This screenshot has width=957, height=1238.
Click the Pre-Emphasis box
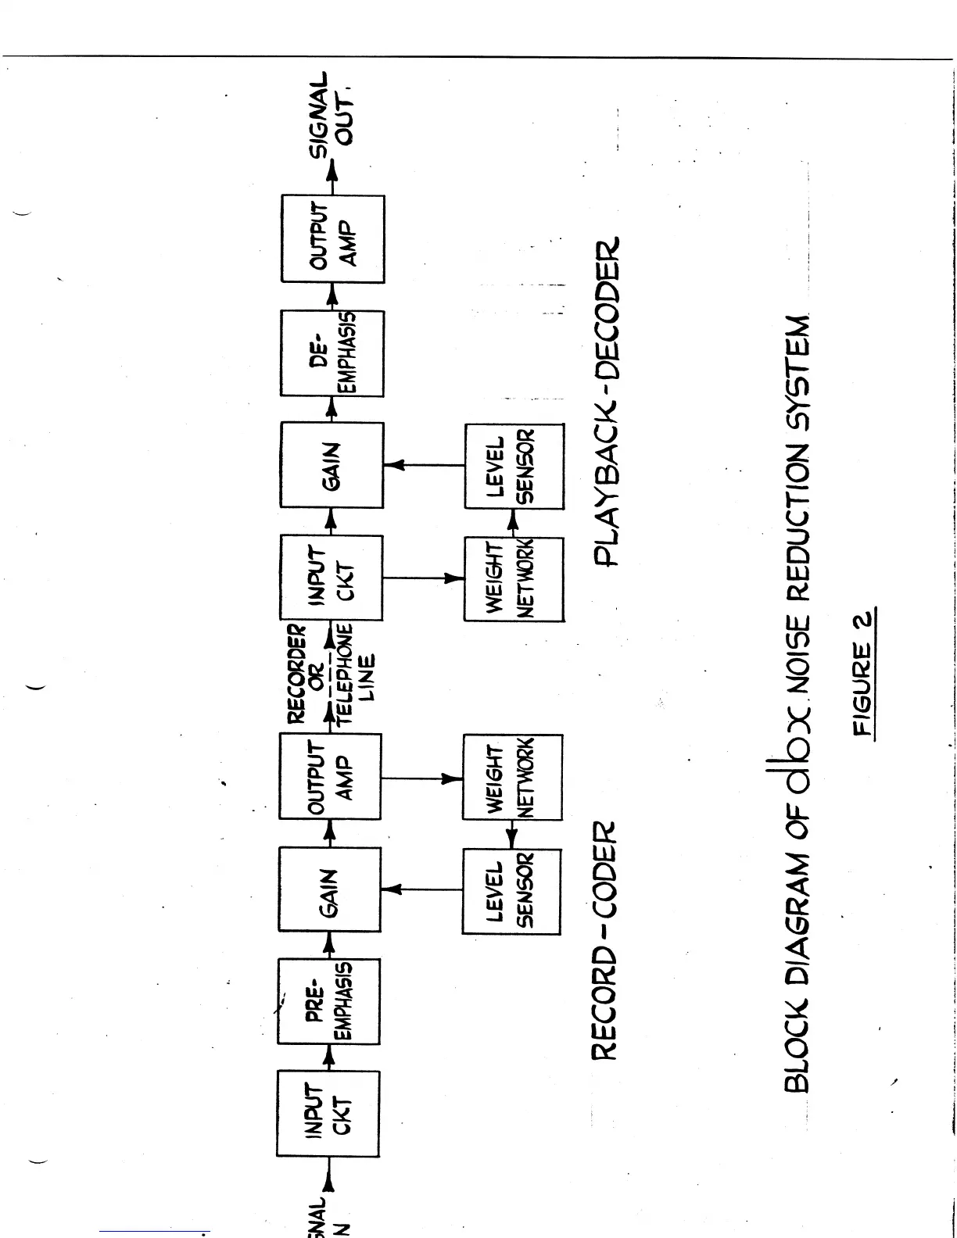[329, 1001]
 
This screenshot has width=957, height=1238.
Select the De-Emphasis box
[332, 353]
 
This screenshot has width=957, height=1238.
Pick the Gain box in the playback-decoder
[332, 465]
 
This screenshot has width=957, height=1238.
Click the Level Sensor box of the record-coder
[511, 892]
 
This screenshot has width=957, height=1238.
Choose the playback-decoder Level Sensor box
[514, 467]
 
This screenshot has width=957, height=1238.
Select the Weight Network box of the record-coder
[512, 777]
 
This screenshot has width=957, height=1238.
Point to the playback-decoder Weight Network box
[514, 579]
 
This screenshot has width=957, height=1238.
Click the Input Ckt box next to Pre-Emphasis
[328, 1113]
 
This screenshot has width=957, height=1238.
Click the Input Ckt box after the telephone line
[332, 578]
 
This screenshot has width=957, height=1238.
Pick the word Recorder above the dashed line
[297, 674]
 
